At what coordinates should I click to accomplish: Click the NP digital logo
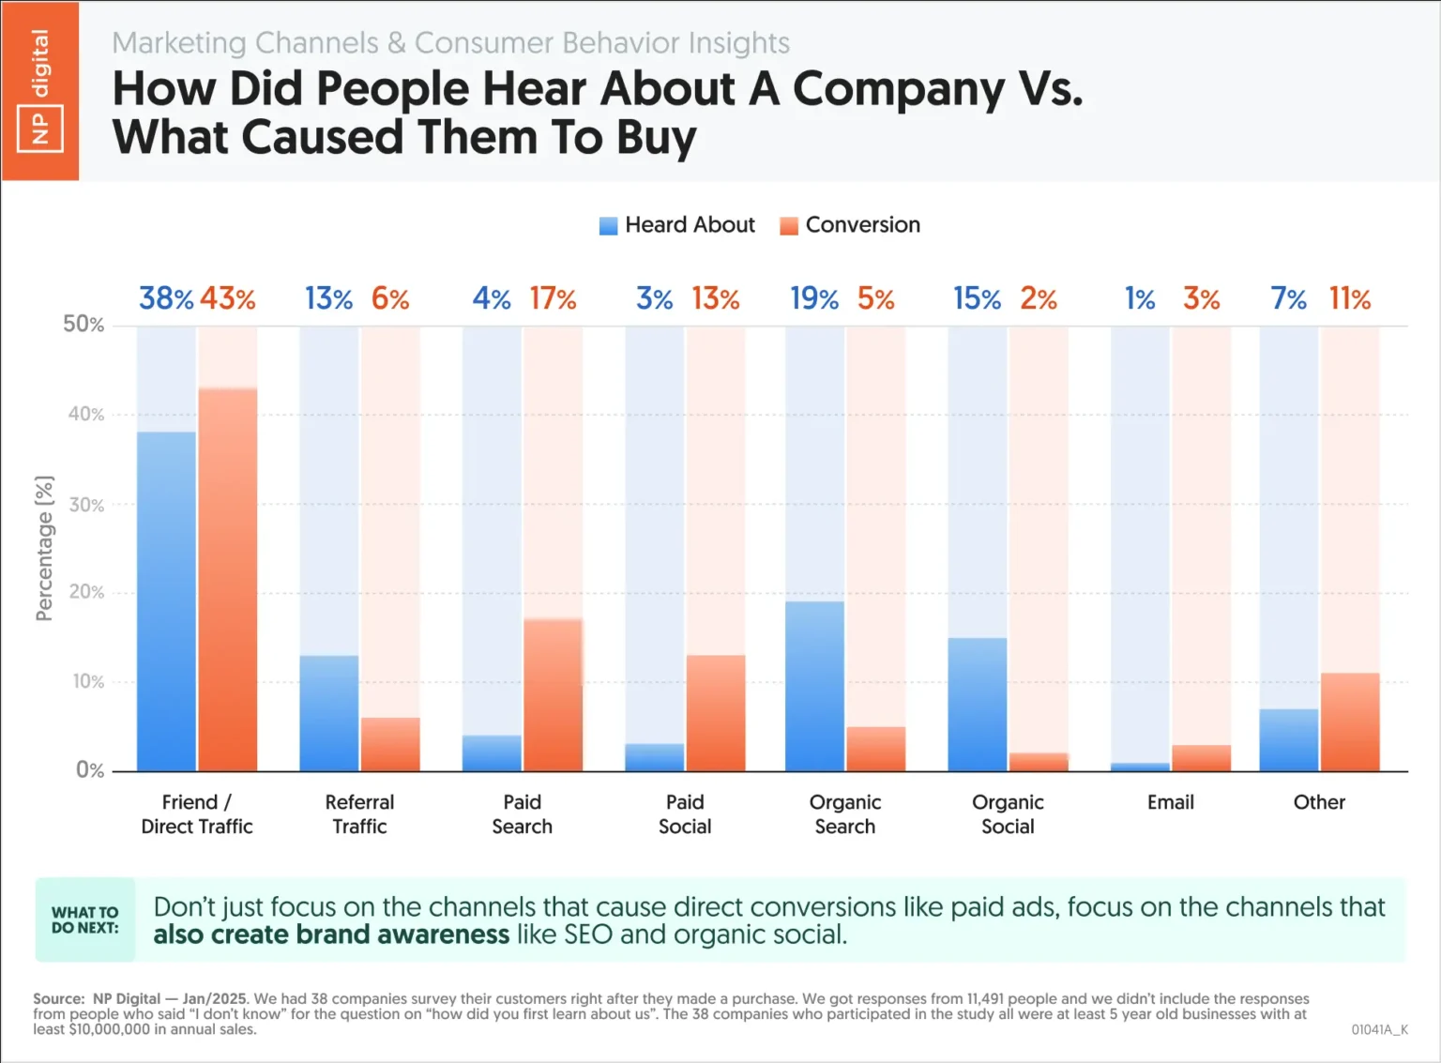tap(40, 90)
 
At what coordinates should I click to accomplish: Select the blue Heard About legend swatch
tap(608, 226)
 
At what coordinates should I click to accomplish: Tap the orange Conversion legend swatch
tap(789, 226)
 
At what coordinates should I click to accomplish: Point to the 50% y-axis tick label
tap(83, 325)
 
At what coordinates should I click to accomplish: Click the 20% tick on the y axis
tap(85, 592)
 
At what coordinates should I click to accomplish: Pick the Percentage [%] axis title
tap(44, 548)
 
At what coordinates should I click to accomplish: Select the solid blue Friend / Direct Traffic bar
tap(166, 601)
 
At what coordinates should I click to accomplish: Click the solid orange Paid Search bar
tap(553, 695)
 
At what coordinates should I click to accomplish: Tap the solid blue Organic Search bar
tap(814, 686)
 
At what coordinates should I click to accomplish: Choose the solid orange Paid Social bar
tap(716, 713)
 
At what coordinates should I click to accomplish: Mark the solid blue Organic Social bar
tap(978, 705)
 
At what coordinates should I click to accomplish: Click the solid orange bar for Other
tap(1350, 721)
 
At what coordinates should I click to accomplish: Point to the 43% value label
tap(227, 299)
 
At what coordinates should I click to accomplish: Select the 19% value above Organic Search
tap(813, 299)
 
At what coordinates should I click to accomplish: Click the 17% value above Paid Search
tap(553, 299)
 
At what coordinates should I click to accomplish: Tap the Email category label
tap(1170, 802)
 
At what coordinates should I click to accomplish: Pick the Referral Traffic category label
tap(359, 814)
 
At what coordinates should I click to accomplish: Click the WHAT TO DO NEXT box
tap(85, 920)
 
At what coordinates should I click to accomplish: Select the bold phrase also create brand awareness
tap(331, 935)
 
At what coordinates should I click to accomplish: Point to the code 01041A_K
tap(1379, 1029)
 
